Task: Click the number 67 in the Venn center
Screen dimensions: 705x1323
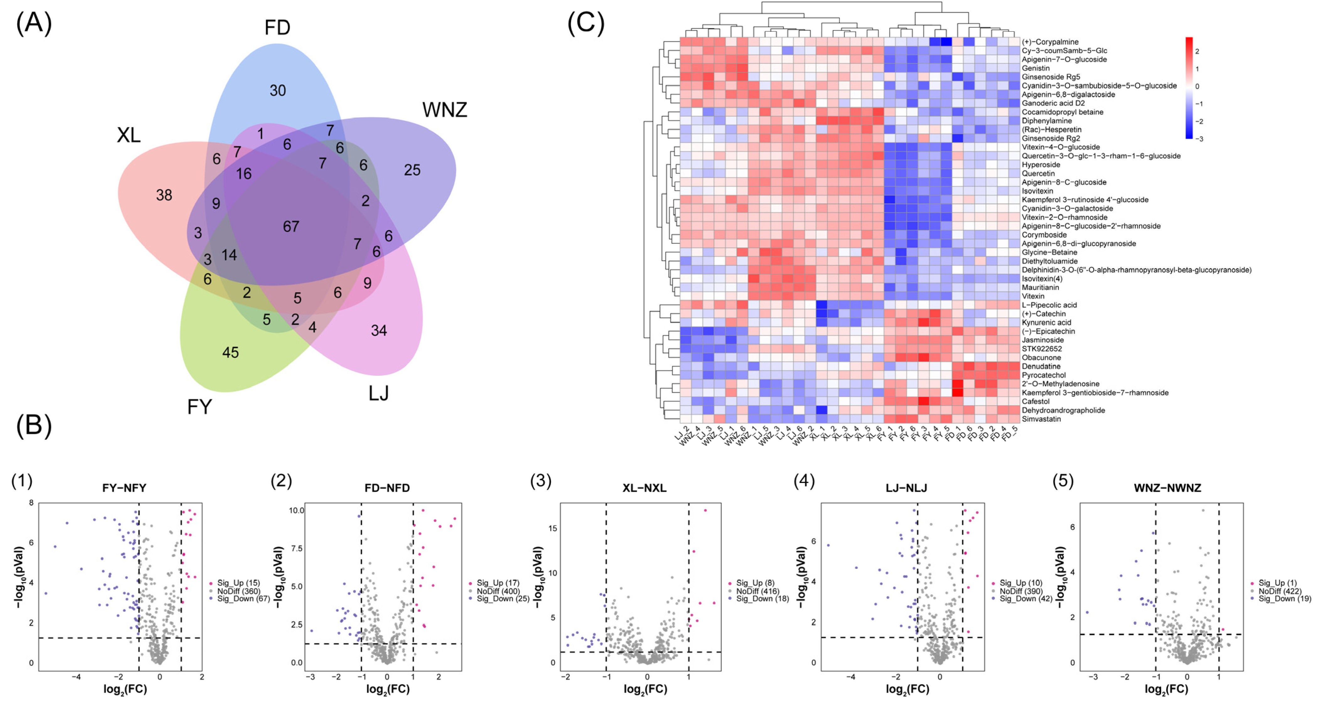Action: (291, 226)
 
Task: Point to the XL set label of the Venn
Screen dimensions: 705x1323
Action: (128, 135)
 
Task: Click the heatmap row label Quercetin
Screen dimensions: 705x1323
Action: (1038, 173)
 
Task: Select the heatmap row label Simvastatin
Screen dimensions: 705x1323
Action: (1041, 419)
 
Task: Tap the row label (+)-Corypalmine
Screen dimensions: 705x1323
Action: (1050, 42)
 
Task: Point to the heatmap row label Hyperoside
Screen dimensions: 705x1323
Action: (1041, 165)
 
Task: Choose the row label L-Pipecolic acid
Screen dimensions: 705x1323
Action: (1049, 305)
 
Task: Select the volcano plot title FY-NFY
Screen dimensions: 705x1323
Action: (124, 488)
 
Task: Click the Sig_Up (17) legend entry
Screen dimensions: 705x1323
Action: (498, 583)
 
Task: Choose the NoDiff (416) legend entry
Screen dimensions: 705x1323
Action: (757, 591)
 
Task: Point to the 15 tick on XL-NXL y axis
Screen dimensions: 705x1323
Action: (552, 528)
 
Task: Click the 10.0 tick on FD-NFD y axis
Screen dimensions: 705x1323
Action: (296, 510)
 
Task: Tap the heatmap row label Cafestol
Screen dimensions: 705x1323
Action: (1035, 401)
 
